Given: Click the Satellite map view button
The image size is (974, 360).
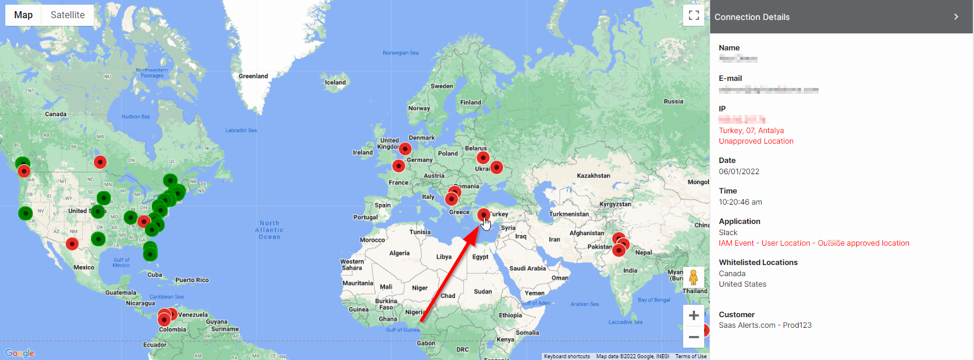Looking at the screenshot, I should click(x=67, y=15).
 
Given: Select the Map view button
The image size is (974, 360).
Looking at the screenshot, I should click(x=23, y=15).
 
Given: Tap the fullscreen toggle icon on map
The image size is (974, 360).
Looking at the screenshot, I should click(x=694, y=15).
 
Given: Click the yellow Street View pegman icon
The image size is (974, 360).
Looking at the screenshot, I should click(x=694, y=277).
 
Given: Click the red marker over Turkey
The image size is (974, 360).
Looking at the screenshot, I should click(x=483, y=215).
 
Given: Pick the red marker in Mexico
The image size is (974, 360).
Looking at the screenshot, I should click(x=72, y=243).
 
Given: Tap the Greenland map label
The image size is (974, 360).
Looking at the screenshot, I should click(x=253, y=76).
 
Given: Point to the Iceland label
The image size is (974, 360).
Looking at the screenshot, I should click(x=335, y=83).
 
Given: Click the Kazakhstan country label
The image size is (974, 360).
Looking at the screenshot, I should click(x=593, y=176).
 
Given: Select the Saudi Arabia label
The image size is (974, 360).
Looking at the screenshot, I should click(x=528, y=269).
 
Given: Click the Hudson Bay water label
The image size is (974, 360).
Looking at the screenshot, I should click(x=136, y=117).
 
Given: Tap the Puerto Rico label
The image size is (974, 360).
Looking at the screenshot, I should click(x=192, y=280).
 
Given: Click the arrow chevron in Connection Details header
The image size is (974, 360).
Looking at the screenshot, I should click(x=956, y=17).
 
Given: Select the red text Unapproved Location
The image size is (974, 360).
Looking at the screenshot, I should click(x=756, y=141).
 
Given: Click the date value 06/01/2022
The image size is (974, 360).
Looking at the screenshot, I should click(x=739, y=172).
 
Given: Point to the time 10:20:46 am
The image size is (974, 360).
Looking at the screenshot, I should click(x=740, y=202).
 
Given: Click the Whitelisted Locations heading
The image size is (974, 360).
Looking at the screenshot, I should click(x=758, y=263).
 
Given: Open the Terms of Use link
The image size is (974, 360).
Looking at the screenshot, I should click(x=691, y=356).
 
